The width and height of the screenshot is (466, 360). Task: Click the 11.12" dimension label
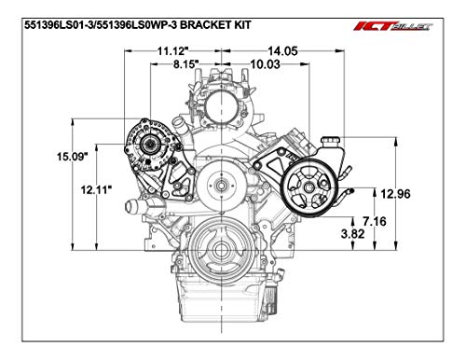tap(173, 51)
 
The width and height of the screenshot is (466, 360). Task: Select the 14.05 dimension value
tap(282, 51)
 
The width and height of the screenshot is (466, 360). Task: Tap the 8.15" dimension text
tap(185, 64)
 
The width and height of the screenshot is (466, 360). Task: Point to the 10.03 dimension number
tap(265, 64)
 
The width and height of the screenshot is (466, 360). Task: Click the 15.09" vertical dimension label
tap(71, 156)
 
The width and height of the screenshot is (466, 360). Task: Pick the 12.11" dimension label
tap(96, 189)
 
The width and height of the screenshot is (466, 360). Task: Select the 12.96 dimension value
tap(395, 194)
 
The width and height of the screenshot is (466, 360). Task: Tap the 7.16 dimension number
tap(375, 221)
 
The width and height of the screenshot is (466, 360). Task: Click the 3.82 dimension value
tap(352, 234)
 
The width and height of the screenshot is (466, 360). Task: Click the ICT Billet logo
tap(393, 26)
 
